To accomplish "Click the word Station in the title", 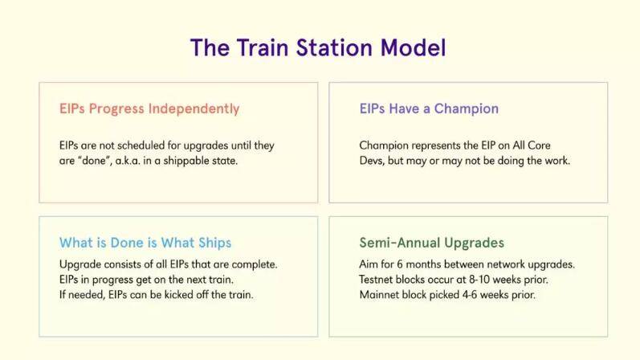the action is (333, 47).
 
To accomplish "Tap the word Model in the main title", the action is (413, 47).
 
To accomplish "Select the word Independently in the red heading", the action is (194, 108).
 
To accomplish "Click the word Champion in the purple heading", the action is (466, 108).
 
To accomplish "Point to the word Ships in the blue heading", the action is (214, 243).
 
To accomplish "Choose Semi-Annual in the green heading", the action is (400, 243).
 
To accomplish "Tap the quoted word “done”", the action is (95, 161).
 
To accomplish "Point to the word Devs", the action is (372, 161).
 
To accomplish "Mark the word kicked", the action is (179, 295).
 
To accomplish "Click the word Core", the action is (539, 145).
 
